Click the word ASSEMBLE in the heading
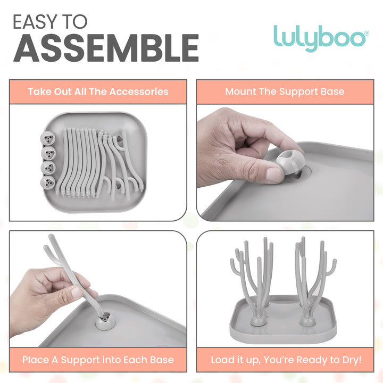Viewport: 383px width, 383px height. (x=106, y=48)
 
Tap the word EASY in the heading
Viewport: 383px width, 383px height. (x=34, y=22)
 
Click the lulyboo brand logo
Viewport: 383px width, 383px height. (x=321, y=38)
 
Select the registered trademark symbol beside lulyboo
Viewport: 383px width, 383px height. (x=367, y=33)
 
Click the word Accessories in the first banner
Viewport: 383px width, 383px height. (x=139, y=91)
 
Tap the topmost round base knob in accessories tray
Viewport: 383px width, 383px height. (x=48, y=138)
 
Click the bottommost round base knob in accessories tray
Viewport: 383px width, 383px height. (x=48, y=182)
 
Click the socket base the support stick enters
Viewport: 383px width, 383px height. (x=105, y=320)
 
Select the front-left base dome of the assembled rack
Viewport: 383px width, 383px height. (x=259, y=321)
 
